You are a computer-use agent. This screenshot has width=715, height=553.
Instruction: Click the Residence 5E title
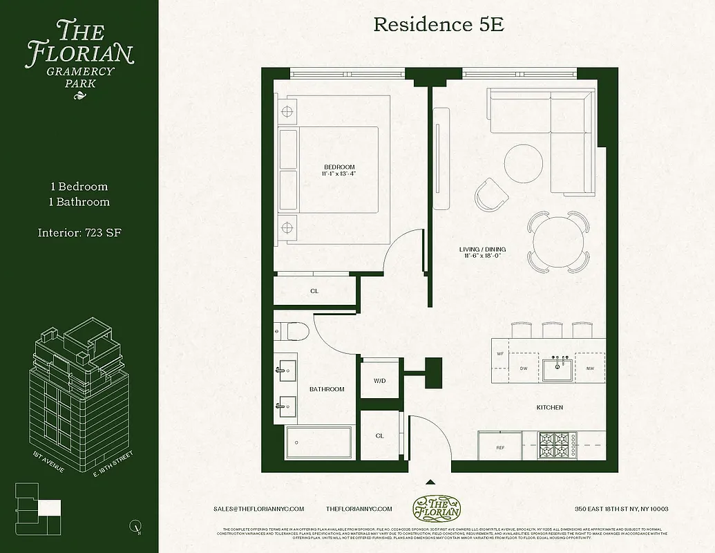[438, 25]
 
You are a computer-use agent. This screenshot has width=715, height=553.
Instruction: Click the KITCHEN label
[549, 408]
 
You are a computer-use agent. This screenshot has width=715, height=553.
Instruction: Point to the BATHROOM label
[327, 389]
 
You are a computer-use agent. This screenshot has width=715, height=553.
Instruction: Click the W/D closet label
[379, 380]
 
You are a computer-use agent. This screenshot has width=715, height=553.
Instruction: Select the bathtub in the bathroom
[318, 440]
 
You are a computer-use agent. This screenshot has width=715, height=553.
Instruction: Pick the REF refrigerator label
[501, 448]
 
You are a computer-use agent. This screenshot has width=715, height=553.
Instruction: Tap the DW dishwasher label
[524, 368]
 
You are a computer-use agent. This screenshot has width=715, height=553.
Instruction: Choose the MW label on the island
[589, 368]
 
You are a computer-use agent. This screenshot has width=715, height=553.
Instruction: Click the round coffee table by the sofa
[523, 162]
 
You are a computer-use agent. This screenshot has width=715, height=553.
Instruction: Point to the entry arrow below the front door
[430, 482]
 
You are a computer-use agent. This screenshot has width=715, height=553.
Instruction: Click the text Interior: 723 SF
[79, 233]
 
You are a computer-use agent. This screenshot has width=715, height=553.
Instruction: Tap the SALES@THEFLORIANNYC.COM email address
[259, 509]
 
